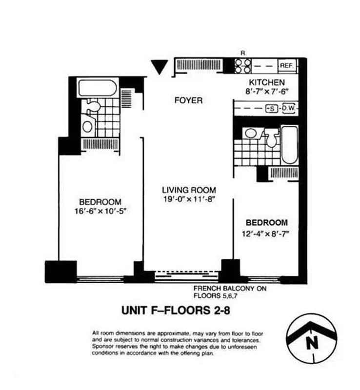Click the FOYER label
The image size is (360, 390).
pyautogui.click(x=188, y=100)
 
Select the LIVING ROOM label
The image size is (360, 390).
pyautogui.click(x=189, y=190)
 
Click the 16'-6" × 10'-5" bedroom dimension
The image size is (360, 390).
pyautogui.click(x=100, y=211)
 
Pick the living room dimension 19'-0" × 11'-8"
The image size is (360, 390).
pyautogui.click(x=189, y=198)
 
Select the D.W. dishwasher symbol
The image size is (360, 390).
pyautogui.click(x=289, y=108)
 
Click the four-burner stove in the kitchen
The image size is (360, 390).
pyautogui.click(x=243, y=65)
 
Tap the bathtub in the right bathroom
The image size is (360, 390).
pyautogui.click(x=288, y=145)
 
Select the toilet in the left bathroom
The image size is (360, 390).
pyautogui.click(x=93, y=106)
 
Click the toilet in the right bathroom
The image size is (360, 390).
pyautogui.click(x=271, y=138)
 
